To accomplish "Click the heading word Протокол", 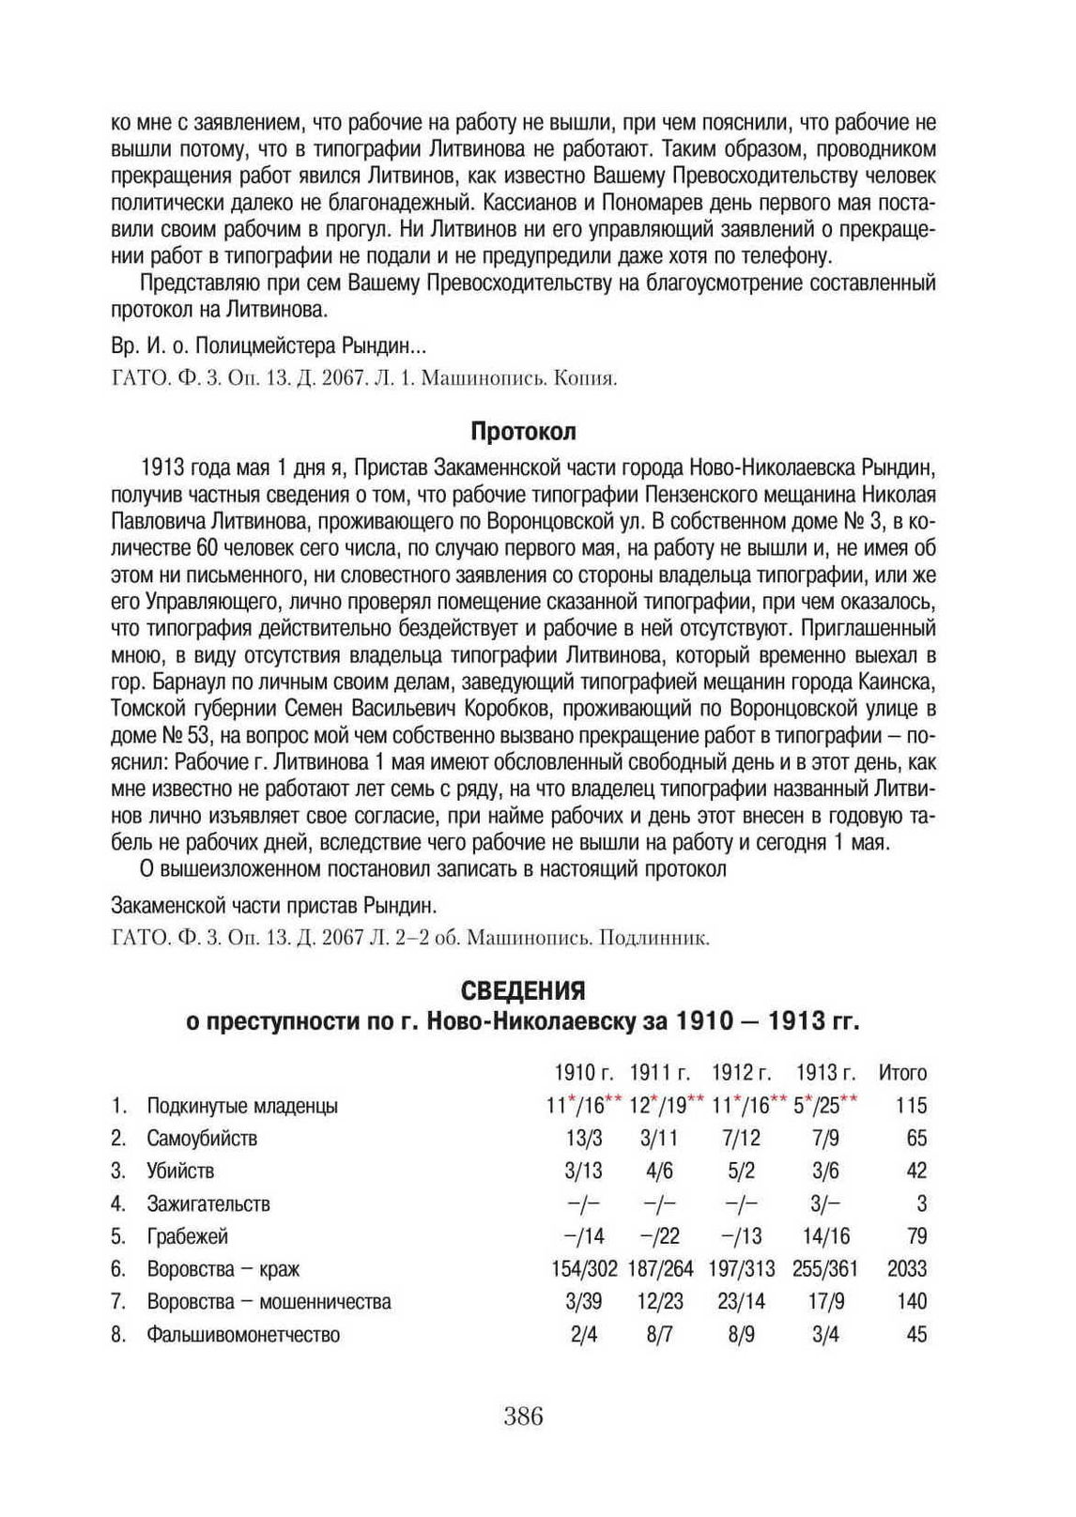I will [x=523, y=432].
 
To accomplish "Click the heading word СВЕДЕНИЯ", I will [x=523, y=991].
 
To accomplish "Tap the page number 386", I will [x=523, y=1417].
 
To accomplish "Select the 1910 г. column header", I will [x=583, y=1073].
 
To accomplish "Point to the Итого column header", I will [x=902, y=1073].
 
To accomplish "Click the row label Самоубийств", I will [x=202, y=1139].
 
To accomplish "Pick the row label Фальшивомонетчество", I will [x=243, y=1335].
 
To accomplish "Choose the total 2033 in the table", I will [x=907, y=1269].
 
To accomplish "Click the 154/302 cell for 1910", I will [x=584, y=1269].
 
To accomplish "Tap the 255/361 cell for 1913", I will [x=825, y=1269].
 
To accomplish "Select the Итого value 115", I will [x=911, y=1106].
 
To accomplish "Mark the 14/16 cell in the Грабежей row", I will [x=825, y=1236].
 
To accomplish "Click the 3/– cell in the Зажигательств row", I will [x=825, y=1203].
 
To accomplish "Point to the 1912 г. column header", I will [x=742, y=1073].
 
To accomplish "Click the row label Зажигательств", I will [x=208, y=1203].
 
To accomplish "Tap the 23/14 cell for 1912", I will [x=742, y=1302].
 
